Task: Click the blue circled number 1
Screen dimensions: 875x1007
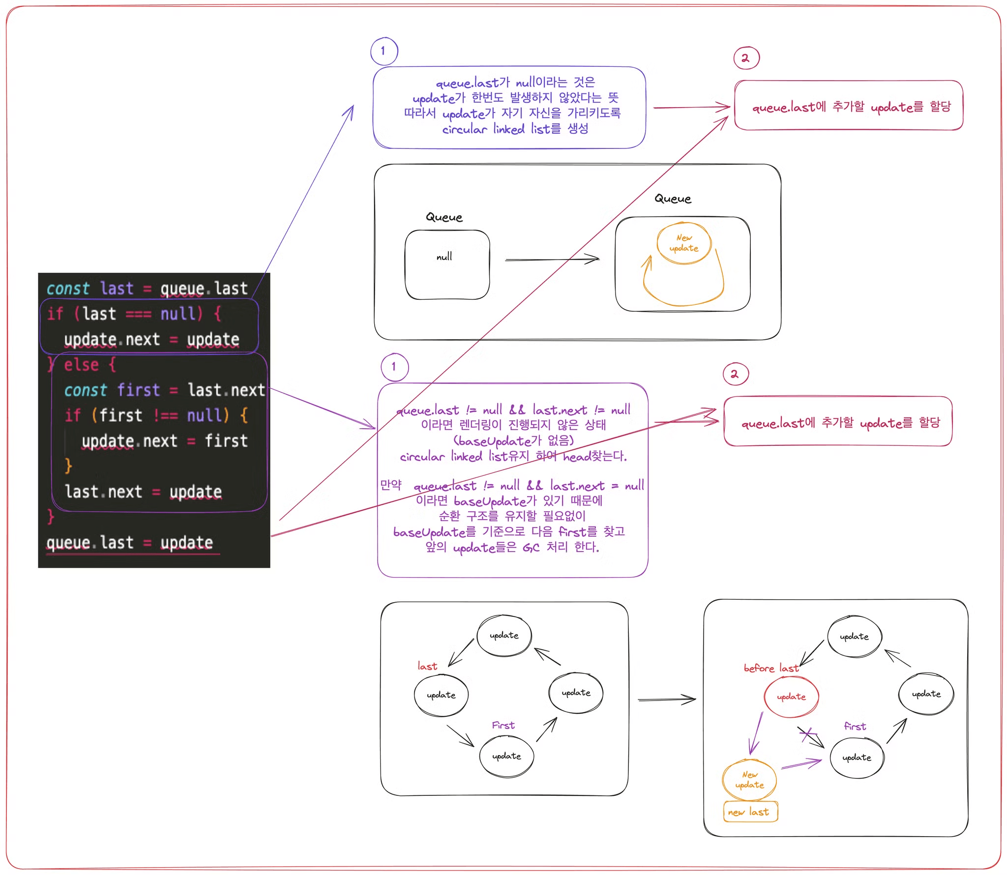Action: pos(384,51)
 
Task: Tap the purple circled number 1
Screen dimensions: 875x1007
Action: pos(394,367)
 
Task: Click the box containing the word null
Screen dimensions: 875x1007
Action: pos(447,265)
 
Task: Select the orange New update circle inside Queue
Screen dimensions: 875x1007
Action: pos(684,243)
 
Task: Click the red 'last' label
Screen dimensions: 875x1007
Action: pos(427,666)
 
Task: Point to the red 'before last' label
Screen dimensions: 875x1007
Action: pos(770,668)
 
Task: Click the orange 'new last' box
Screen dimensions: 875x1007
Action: pos(750,812)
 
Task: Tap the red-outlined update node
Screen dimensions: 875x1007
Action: pos(791,697)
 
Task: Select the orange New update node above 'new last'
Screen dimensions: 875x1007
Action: pos(749,780)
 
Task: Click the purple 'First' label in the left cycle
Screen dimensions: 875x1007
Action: pos(503,725)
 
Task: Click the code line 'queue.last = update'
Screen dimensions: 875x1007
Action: pos(130,543)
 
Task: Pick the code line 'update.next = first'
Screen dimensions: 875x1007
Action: pos(164,441)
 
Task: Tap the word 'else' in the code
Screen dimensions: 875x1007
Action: pos(82,365)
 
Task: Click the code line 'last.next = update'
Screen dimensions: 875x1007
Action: pos(143,492)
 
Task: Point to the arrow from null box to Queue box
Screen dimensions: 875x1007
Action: pos(552,259)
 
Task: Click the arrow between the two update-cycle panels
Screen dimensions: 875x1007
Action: pos(666,699)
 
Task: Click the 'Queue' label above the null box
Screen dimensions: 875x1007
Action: pos(444,217)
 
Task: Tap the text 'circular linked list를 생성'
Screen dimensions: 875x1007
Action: pos(515,129)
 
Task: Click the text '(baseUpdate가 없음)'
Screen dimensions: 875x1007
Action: pos(513,440)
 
